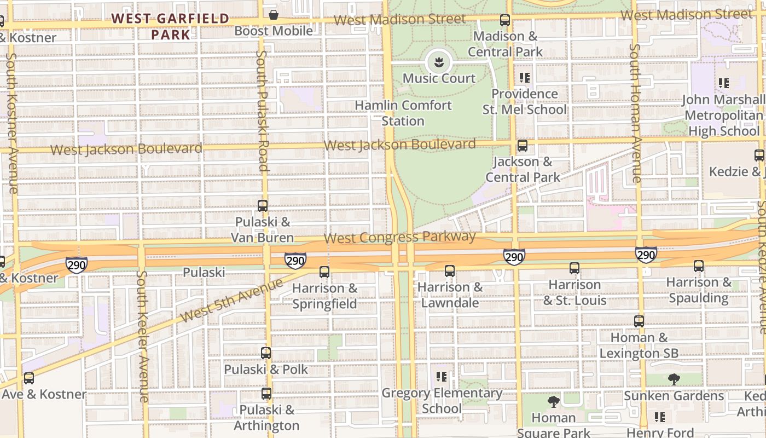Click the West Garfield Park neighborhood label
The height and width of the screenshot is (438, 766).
170,26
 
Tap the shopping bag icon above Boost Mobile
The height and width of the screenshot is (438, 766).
273,14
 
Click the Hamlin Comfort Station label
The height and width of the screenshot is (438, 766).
403,113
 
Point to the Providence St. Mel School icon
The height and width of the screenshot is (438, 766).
525,78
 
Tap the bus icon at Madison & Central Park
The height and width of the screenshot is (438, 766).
505,20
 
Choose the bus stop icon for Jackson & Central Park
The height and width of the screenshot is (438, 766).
523,146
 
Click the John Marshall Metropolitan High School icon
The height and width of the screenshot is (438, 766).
724,83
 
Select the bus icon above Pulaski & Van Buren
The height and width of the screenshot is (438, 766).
263,206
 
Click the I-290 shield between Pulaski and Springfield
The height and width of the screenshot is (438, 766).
295,261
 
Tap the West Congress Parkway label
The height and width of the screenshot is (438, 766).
399,238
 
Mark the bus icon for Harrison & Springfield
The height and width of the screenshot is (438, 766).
324,272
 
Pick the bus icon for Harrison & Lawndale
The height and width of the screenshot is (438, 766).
450,270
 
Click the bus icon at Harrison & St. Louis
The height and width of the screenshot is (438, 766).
574,268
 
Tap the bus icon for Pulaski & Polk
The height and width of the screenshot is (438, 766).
266,353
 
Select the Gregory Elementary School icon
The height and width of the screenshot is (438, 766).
442,377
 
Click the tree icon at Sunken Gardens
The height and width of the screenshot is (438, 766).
674,379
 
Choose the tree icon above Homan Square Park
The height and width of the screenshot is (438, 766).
554,402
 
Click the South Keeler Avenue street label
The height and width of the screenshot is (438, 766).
142,337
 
